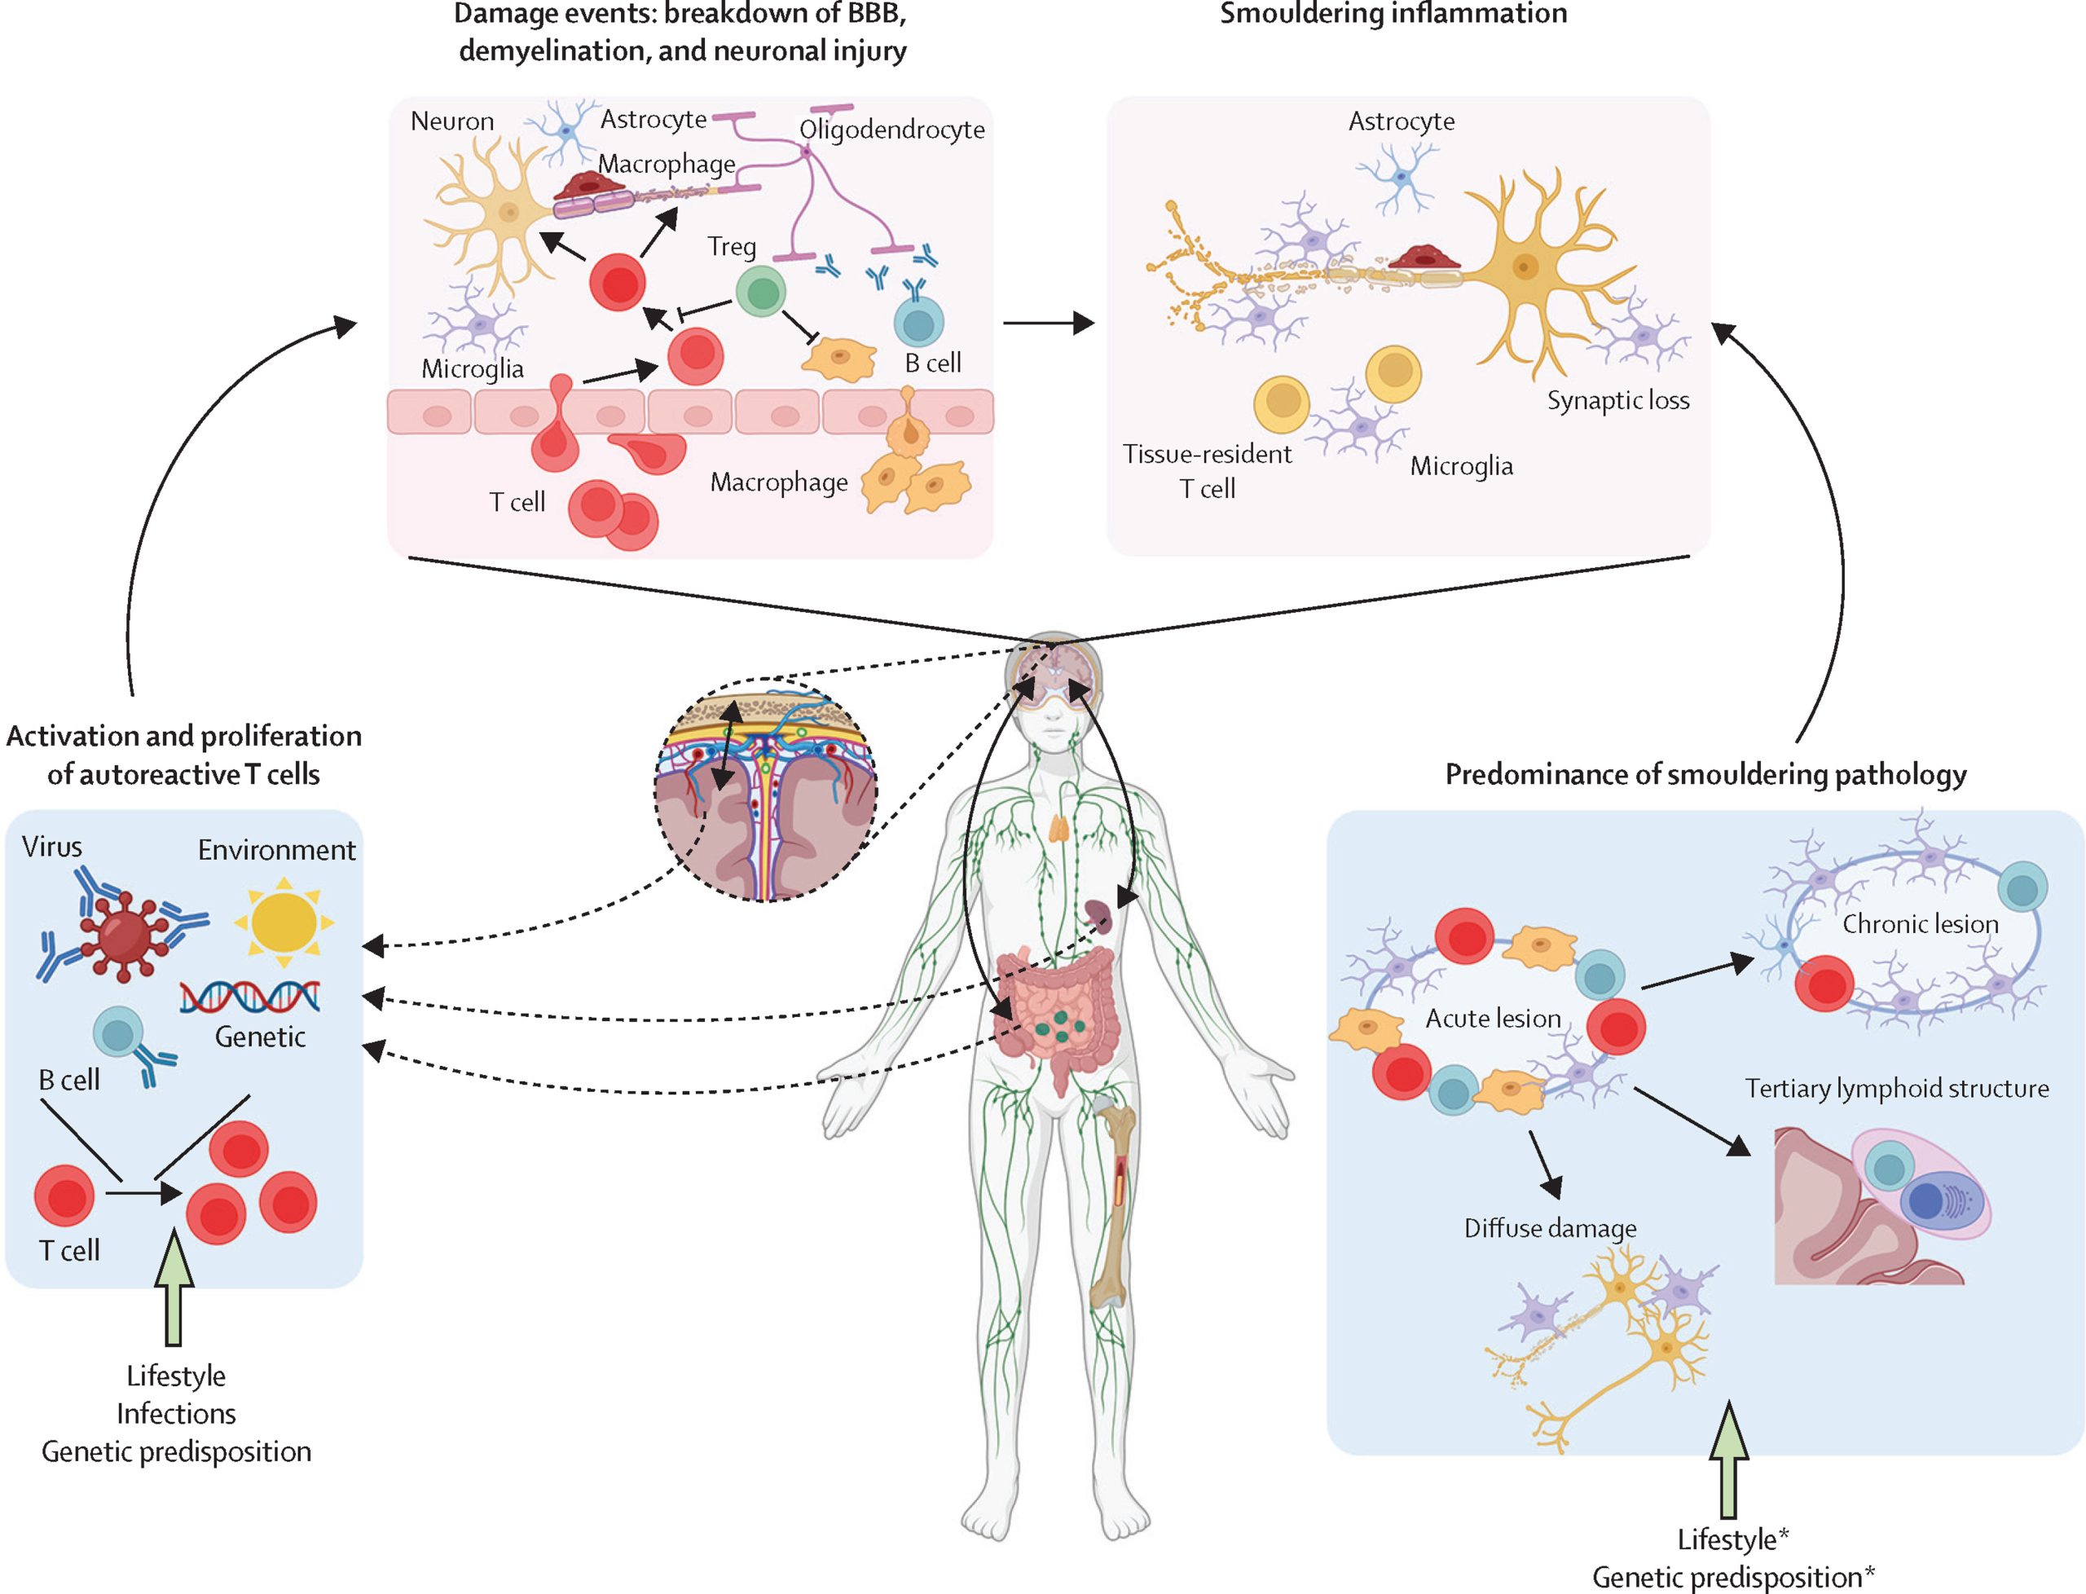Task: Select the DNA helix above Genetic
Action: pyautogui.click(x=250, y=996)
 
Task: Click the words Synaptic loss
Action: pyautogui.click(x=1618, y=400)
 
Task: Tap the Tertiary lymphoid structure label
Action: pyautogui.click(x=1896, y=1088)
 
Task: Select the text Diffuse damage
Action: pyautogui.click(x=1550, y=1229)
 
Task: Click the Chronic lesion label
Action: pyautogui.click(x=1920, y=924)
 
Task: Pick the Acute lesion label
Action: pyautogui.click(x=1493, y=1018)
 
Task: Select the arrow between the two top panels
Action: pyautogui.click(x=1048, y=323)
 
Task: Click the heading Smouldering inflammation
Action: pyautogui.click(x=1393, y=14)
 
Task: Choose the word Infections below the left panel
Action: pyautogui.click(x=177, y=1414)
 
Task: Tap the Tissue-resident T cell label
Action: pyautogui.click(x=1207, y=470)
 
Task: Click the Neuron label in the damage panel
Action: pyautogui.click(x=451, y=121)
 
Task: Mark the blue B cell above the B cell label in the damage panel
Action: pyautogui.click(x=918, y=322)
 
